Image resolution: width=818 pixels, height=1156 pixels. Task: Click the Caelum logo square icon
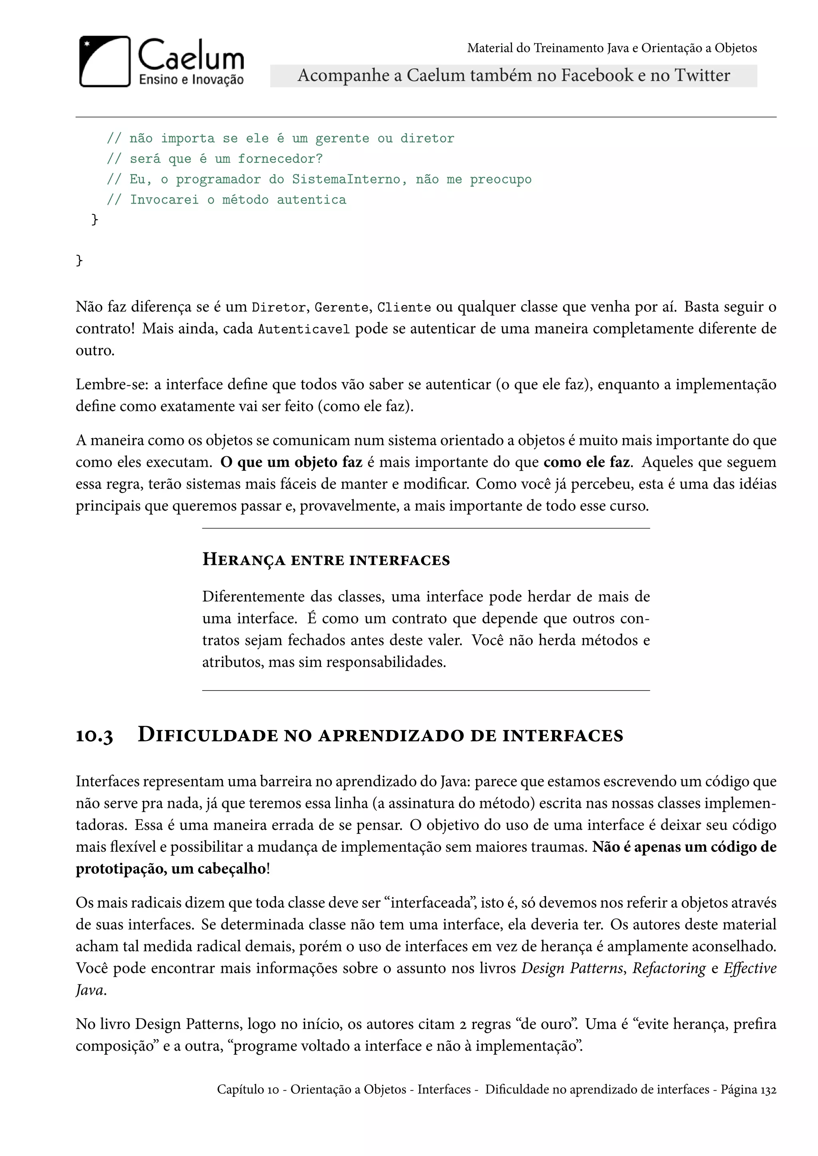pos(105,61)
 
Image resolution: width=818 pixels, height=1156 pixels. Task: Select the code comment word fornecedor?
pos(280,159)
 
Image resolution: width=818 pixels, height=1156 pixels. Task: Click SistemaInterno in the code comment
pos(346,180)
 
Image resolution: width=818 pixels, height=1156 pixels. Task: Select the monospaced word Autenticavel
pos(304,330)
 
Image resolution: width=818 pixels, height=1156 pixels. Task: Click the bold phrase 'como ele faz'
pos(586,462)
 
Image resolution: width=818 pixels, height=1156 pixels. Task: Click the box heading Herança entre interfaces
pos(326,560)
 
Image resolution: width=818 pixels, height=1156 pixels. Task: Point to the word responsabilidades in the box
pos(386,662)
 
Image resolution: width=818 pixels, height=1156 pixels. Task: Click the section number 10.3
pos(94,736)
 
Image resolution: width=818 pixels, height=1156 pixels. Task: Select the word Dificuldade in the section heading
pos(208,735)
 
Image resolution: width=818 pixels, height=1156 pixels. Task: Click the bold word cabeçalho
pos(234,869)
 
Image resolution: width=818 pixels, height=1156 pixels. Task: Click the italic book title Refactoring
pos(669,968)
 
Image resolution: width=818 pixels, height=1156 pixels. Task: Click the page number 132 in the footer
pos(768,1090)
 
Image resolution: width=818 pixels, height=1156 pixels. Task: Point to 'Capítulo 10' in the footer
pos(247,1090)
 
